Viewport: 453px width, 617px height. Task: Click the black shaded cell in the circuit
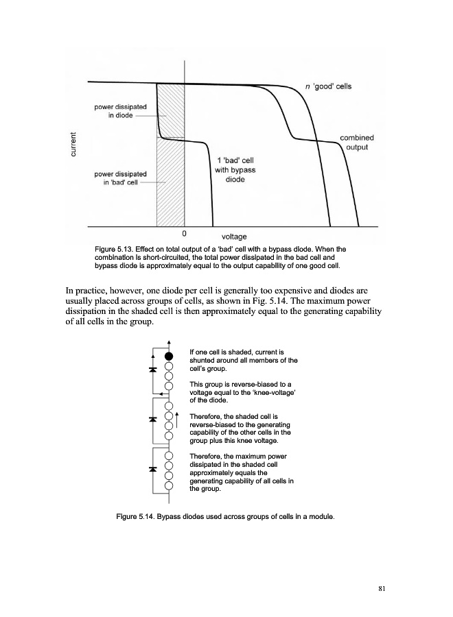(x=169, y=356)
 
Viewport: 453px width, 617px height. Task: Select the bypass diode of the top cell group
(x=152, y=370)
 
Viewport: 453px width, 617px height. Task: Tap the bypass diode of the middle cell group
(x=152, y=419)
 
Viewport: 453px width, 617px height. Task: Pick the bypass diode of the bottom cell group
(x=152, y=469)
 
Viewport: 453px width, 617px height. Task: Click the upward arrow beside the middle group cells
(x=177, y=420)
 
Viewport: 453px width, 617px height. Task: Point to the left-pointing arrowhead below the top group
(x=161, y=394)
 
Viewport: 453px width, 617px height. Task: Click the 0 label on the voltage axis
(x=184, y=234)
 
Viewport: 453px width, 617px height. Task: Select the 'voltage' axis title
(x=234, y=237)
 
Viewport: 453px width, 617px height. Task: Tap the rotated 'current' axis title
(x=73, y=144)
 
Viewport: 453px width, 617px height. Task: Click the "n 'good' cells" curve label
(x=329, y=86)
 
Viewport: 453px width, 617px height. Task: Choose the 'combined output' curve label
(x=357, y=142)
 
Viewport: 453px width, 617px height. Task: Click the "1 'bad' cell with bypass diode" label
(x=235, y=169)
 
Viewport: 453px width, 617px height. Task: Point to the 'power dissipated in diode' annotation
(x=120, y=111)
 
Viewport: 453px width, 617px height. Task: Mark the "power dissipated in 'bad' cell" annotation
(x=120, y=178)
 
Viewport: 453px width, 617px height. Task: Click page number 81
(x=382, y=589)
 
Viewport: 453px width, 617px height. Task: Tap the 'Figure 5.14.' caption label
(x=135, y=517)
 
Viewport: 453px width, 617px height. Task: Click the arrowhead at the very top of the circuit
(x=169, y=342)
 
